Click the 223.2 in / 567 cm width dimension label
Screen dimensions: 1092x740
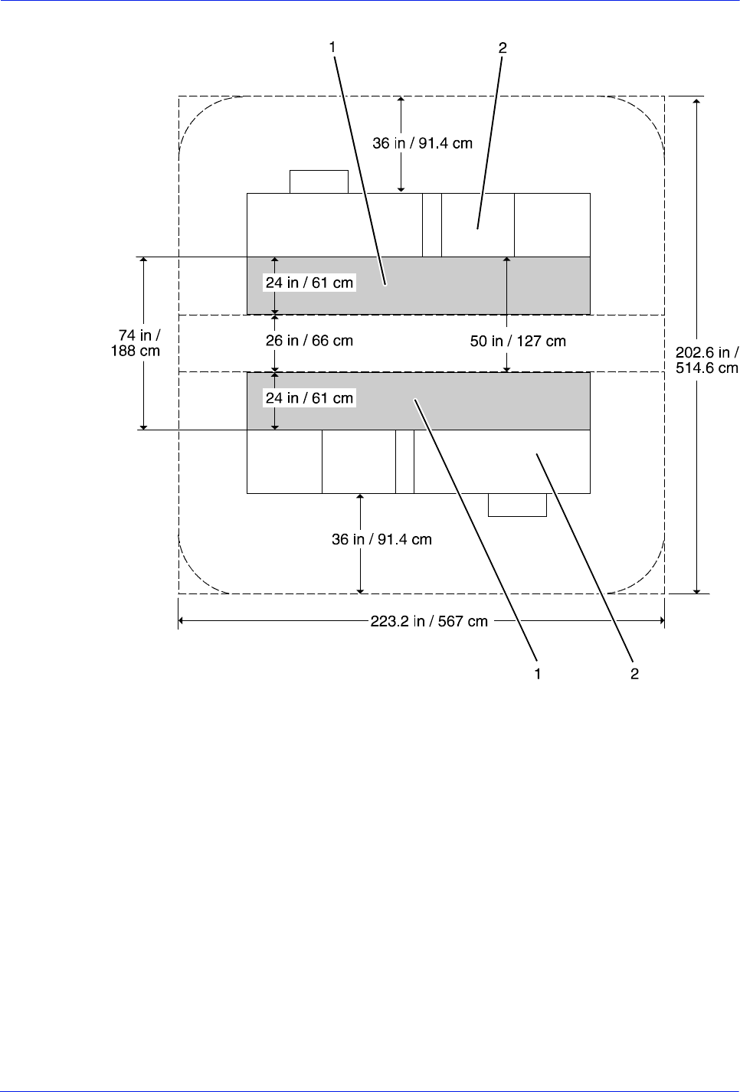coord(429,621)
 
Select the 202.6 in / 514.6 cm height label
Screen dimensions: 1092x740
coord(706,360)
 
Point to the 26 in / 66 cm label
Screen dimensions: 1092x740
coord(309,341)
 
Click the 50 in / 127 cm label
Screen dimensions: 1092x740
coord(518,341)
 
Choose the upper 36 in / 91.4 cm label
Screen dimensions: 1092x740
coord(422,143)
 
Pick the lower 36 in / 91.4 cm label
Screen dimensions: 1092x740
coord(381,539)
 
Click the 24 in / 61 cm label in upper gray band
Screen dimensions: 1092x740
coord(309,283)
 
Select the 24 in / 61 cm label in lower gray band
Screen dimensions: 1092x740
coord(309,398)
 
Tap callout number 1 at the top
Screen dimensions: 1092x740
coord(332,47)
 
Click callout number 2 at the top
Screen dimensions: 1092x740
coord(503,47)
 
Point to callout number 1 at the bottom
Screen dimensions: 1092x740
coord(538,674)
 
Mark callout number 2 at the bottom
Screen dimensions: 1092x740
coord(634,674)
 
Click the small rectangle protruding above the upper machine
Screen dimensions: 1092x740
coord(319,181)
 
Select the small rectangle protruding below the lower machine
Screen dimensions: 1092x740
coord(517,505)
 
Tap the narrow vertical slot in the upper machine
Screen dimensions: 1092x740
coord(432,225)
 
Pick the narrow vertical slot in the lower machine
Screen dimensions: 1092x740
coord(404,461)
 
